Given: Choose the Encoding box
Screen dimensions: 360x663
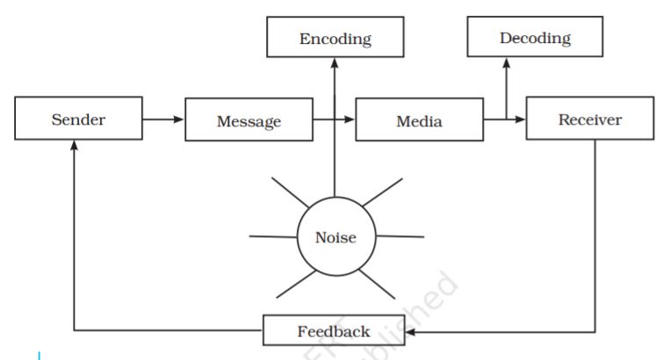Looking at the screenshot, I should tap(335, 39).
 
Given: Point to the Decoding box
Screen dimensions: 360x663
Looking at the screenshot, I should tap(535, 39).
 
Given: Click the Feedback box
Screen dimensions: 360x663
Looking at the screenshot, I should tap(334, 332).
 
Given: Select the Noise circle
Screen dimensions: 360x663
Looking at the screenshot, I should tap(335, 237).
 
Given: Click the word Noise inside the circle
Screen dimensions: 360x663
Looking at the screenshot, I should tap(335, 238).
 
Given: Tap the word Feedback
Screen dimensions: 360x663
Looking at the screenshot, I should tap(334, 332).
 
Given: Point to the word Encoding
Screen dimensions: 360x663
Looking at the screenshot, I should tap(335, 39).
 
